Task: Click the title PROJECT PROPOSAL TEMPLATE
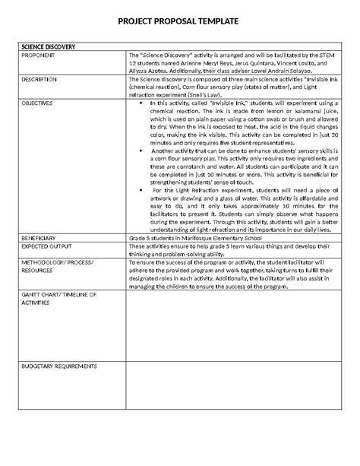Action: pos(180,26)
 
